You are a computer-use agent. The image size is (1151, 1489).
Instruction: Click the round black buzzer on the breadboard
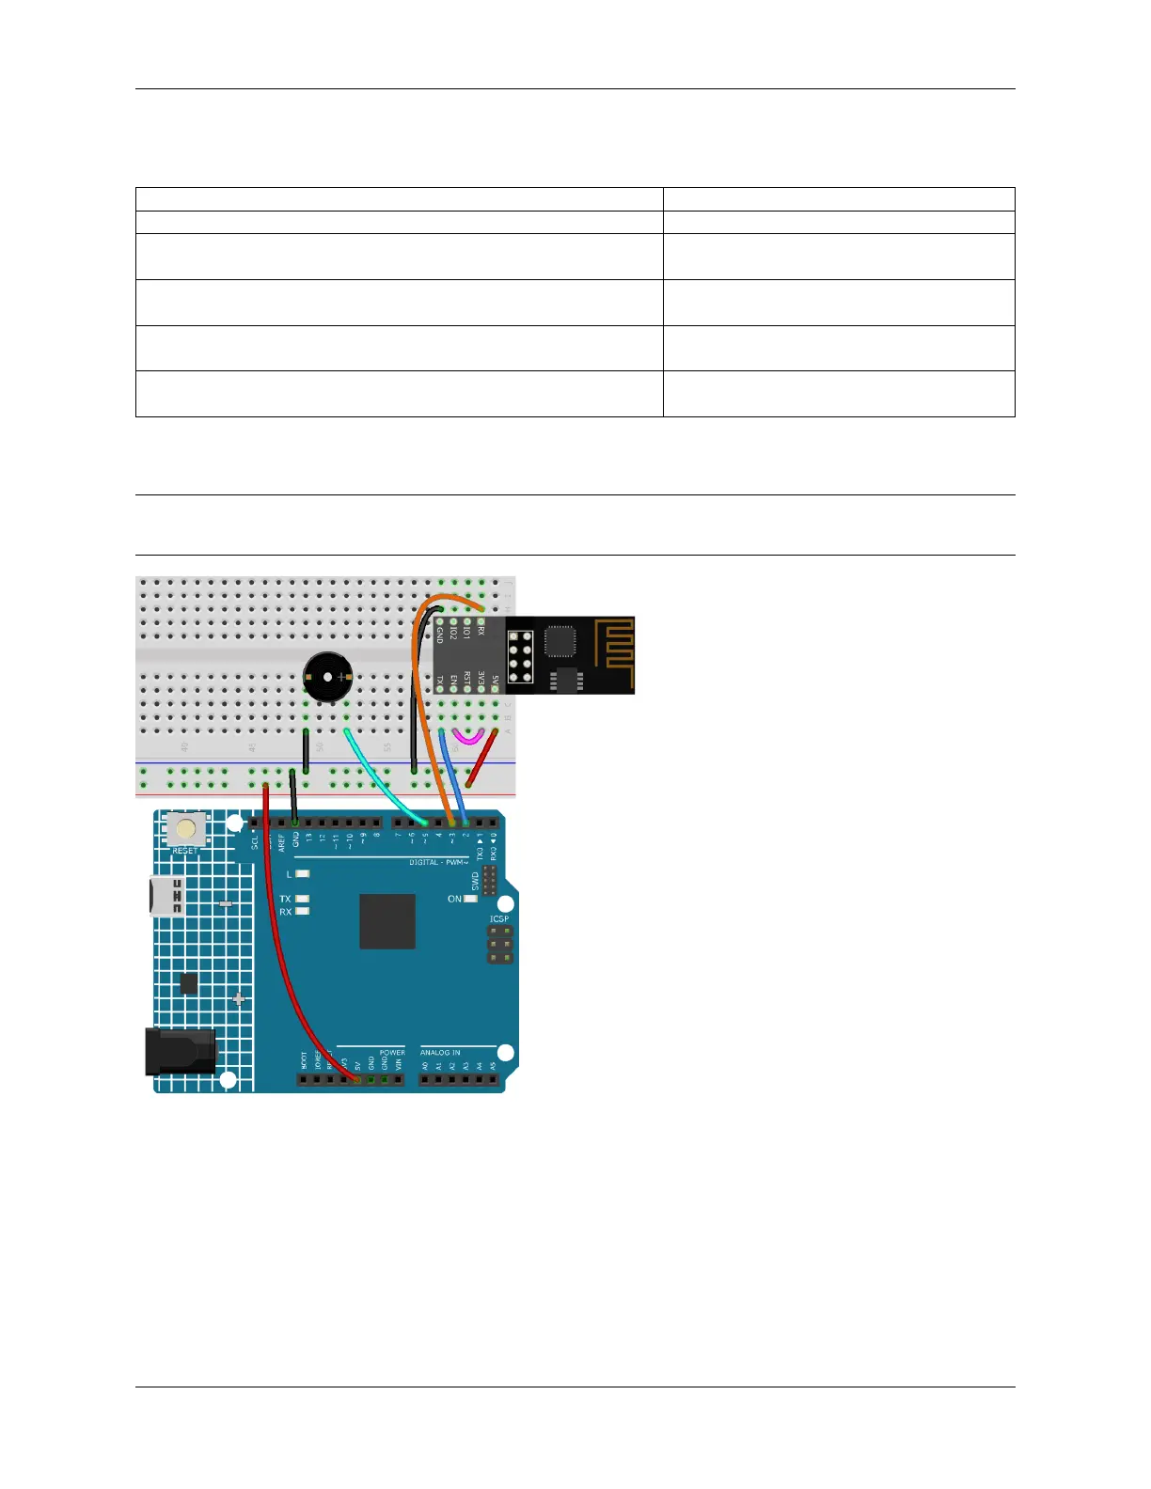click(x=327, y=676)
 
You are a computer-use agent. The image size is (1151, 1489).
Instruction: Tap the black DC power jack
click(x=180, y=1051)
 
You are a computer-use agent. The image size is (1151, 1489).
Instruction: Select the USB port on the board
click(x=166, y=896)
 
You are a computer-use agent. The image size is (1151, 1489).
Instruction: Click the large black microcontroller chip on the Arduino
click(x=387, y=921)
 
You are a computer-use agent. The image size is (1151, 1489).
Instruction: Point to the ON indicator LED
click(x=471, y=899)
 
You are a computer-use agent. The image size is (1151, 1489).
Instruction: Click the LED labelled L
click(x=303, y=874)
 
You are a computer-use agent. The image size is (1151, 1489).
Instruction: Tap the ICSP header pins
click(x=499, y=944)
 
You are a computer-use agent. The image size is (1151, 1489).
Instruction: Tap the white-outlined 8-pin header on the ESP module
click(x=520, y=655)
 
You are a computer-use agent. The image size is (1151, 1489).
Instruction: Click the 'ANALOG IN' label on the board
click(x=440, y=1053)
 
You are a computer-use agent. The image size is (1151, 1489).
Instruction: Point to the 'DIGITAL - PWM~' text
click(x=438, y=862)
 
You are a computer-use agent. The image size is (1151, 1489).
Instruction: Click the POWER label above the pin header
click(x=392, y=1053)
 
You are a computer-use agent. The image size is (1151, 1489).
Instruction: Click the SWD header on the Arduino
click(x=488, y=881)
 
